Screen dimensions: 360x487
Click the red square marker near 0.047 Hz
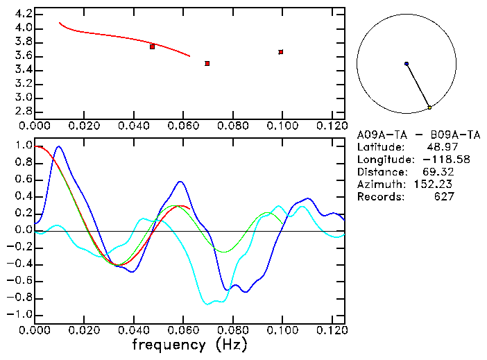click(152, 46)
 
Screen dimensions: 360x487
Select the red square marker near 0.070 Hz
click(207, 63)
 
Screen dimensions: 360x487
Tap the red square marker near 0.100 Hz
click(281, 51)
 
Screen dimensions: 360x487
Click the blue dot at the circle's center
click(407, 64)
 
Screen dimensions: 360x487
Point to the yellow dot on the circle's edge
click(429, 108)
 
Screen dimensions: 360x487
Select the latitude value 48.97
click(441, 147)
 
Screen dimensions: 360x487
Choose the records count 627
click(443, 197)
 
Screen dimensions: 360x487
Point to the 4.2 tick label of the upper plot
click(23, 14)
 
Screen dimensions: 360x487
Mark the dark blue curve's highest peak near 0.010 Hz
click(58, 146)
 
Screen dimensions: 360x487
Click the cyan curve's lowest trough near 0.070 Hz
click(207, 304)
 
